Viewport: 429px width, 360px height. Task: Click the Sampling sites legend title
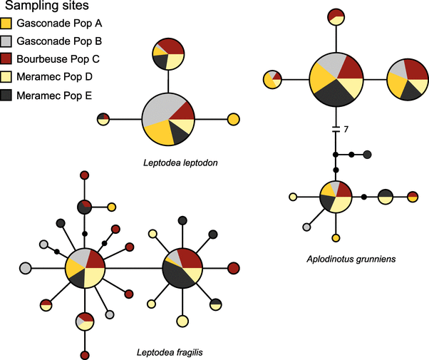tap(49, 9)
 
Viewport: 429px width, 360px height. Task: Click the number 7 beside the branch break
tap(346, 129)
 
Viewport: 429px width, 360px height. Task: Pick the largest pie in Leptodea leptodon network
tap(168, 118)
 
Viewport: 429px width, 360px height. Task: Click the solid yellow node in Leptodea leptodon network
tap(232, 119)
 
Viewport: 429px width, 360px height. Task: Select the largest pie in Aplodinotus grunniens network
tap(336, 78)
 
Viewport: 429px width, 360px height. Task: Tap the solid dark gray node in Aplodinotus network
tap(368, 155)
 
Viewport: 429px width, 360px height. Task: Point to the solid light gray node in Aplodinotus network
tap(306, 227)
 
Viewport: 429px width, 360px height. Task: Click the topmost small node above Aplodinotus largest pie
tap(336, 16)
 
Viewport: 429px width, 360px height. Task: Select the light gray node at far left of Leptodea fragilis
tap(25, 268)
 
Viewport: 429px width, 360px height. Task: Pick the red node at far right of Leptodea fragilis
tap(233, 268)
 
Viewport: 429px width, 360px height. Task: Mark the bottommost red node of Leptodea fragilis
tap(85, 354)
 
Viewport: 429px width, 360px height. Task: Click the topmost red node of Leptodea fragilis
tap(85, 175)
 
